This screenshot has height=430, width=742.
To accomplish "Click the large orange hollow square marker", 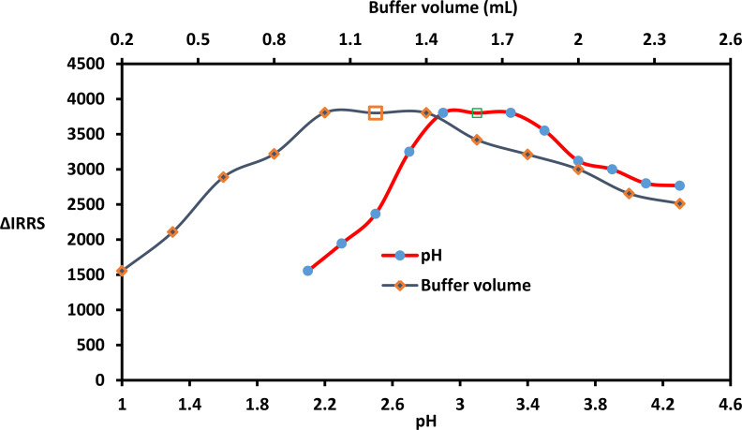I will [x=376, y=112].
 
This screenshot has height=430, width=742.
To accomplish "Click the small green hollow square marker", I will [x=477, y=112].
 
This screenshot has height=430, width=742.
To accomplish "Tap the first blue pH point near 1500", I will [x=307, y=271].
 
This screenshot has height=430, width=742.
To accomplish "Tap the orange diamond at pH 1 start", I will [x=122, y=271].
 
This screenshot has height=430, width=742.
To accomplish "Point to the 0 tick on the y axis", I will [x=109, y=380].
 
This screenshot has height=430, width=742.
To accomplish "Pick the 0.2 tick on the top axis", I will [x=121, y=40].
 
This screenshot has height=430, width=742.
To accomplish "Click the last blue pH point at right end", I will [x=679, y=185].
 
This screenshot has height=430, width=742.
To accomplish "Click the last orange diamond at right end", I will [x=679, y=203].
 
